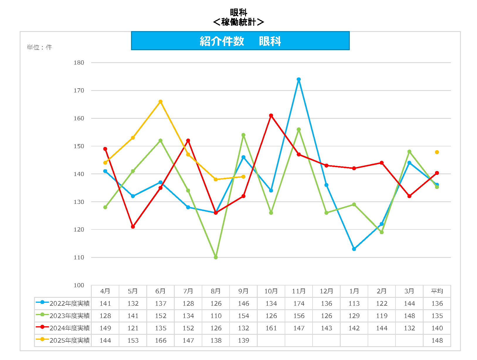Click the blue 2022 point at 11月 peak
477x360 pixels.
(298, 80)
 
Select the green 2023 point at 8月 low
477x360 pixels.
(216, 257)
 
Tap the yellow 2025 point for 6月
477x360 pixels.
(160, 102)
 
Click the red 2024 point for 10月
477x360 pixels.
(271, 116)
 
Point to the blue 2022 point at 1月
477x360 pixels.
(354, 249)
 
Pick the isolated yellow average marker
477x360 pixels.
(437, 152)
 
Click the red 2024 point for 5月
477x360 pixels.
(133, 227)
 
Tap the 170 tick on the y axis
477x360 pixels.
(79, 91)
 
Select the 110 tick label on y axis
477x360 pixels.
(79, 258)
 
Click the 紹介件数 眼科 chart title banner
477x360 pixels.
(240, 41)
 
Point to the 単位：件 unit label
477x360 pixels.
(39, 47)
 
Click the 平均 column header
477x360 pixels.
(437, 291)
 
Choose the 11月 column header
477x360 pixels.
(298, 291)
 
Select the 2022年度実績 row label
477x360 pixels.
(69, 303)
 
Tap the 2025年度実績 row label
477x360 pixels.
(69, 340)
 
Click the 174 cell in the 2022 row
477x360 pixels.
(298, 303)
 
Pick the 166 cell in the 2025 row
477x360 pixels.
(160, 340)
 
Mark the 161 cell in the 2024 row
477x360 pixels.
(271, 328)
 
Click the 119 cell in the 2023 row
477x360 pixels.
(381, 316)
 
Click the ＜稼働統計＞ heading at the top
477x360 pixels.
(238, 22)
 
